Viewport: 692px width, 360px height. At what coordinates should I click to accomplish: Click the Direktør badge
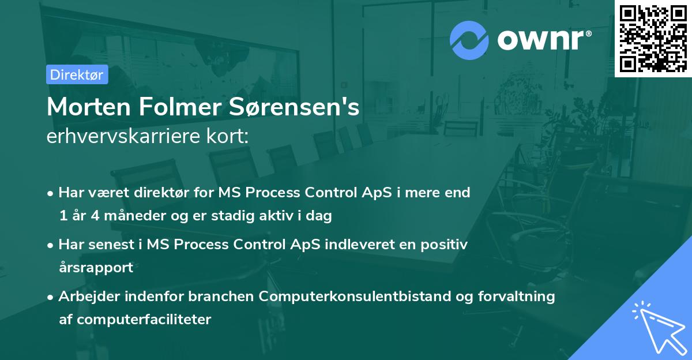(x=77, y=74)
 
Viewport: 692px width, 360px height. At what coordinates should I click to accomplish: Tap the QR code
(x=653, y=38)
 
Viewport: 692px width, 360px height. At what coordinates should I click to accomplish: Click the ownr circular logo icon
(x=469, y=40)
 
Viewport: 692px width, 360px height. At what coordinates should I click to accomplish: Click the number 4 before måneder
(x=93, y=216)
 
